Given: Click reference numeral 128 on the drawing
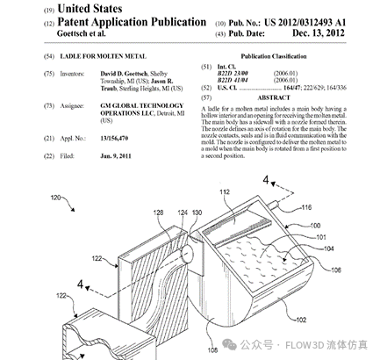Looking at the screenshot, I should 160,212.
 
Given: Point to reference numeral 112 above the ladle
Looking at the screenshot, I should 225,192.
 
